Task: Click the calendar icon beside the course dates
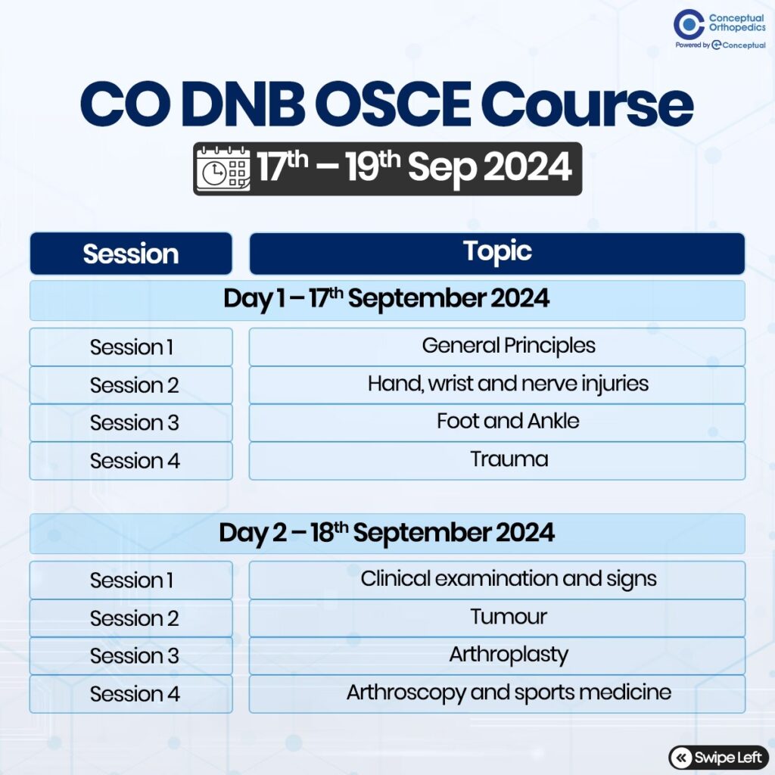point(223,169)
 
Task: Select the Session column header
point(131,254)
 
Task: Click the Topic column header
point(497,253)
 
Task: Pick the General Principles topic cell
point(497,347)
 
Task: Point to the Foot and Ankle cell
point(497,422)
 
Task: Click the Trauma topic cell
point(497,461)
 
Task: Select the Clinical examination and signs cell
point(497,580)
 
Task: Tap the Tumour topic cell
point(497,618)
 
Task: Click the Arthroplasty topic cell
point(497,656)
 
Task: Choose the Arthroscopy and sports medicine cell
point(497,694)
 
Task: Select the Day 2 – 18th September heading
point(387,534)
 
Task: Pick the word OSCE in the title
point(393,104)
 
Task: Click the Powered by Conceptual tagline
point(721,45)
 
